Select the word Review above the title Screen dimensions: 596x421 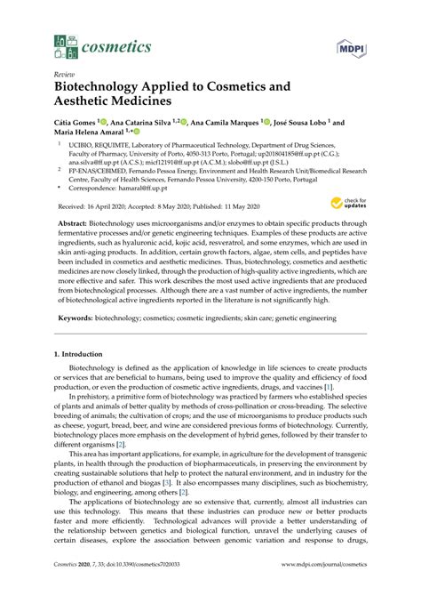(x=64, y=76)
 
